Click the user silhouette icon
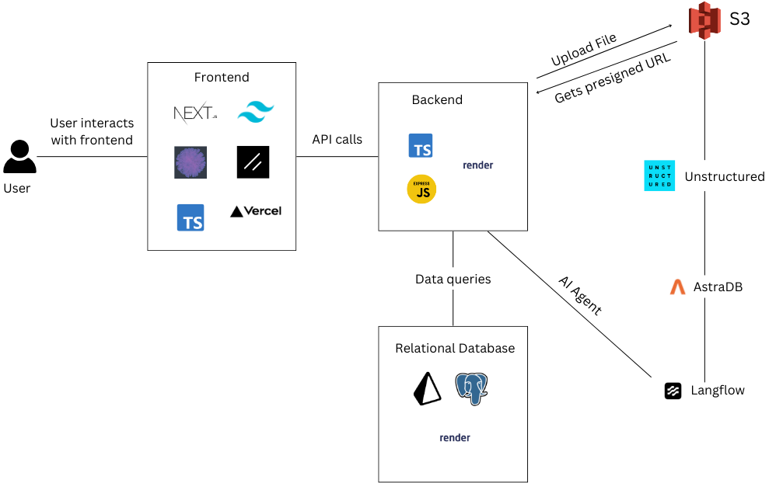tap(19, 157)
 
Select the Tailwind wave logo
tap(256, 113)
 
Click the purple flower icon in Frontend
tap(191, 162)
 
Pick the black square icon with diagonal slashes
tap(253, 162)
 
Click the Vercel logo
tap(256, 210)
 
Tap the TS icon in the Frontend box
tap(191, 218)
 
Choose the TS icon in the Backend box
tap(421, 145)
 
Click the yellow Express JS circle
tap(421, 189)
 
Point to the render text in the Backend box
tap(477, 165)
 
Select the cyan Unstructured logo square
tap(659, 175)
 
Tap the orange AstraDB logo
tap(677, 287)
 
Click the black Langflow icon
tap(673, 391)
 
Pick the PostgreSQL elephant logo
tap(471, 388)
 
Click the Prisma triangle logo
tap(427, 388)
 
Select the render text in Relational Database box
tap(455, 437)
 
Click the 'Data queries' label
tap(453, 279)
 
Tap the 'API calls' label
tap(337, 140)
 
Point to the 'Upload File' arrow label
tap(583, 50)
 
